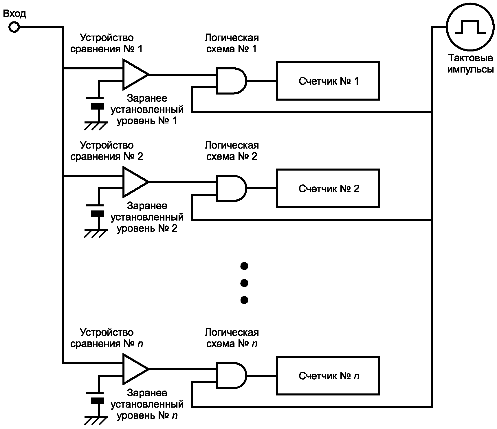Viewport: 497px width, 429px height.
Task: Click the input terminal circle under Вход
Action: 14,27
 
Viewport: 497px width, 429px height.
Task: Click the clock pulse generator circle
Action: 470,27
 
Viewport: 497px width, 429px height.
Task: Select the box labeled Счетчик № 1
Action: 328,81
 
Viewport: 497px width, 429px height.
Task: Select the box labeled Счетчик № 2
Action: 328,188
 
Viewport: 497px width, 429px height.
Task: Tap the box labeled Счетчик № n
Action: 328,376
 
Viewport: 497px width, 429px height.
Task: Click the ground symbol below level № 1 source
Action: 95,126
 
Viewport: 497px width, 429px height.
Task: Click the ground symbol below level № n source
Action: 95,421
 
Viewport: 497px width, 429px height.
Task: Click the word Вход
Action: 14,14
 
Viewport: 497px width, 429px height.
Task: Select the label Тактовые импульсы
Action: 470,64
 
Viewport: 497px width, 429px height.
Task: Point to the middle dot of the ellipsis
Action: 244,283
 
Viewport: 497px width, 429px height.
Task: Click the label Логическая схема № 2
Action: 232,151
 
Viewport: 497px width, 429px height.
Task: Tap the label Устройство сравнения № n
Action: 107,338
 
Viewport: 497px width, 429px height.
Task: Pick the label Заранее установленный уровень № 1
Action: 147,110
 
